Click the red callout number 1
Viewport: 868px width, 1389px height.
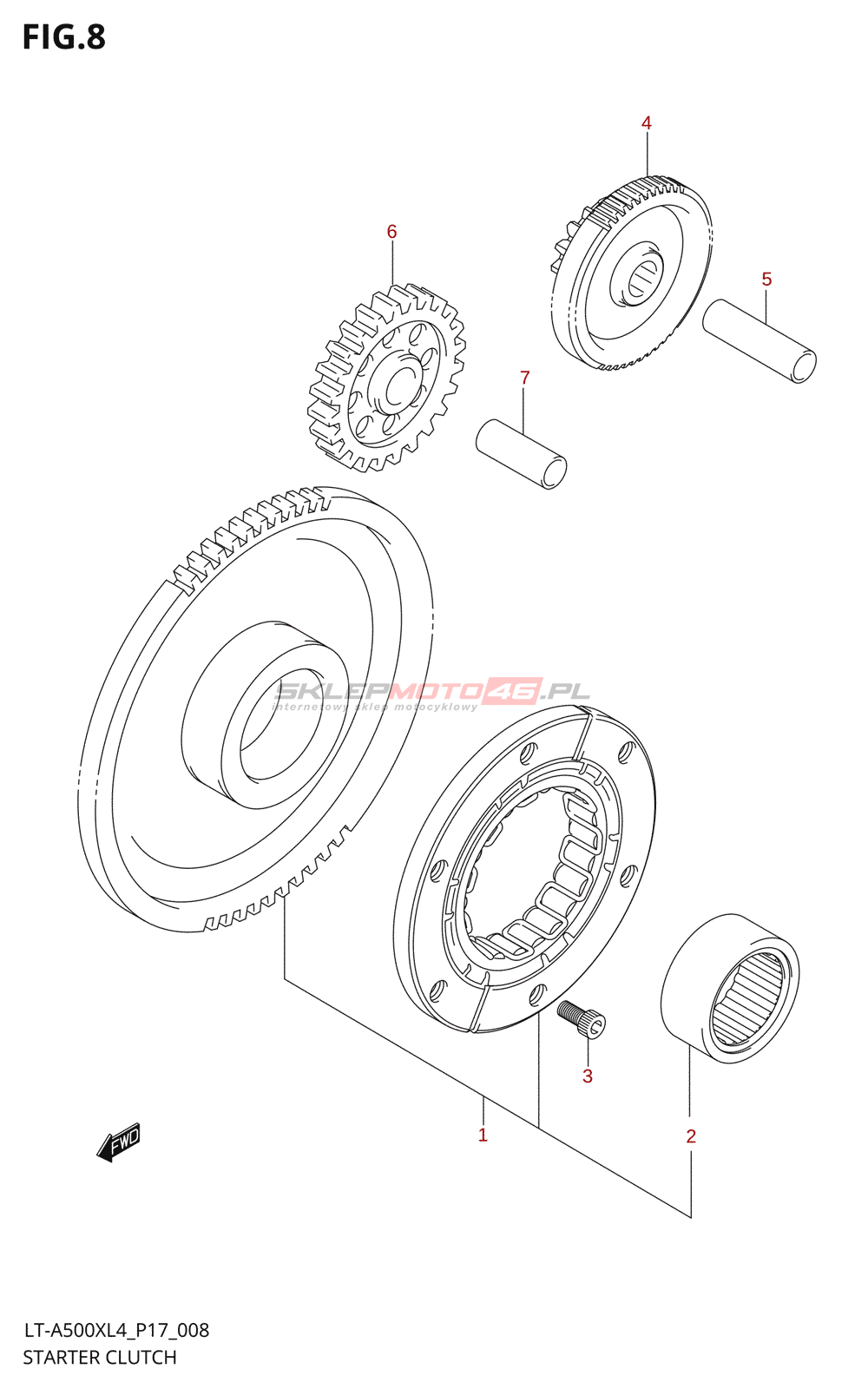point(483,1135)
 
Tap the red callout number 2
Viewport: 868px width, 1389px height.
point(691,1136)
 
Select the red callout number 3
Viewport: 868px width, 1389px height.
point(588,1076)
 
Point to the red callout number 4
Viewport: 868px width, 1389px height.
point(647,123)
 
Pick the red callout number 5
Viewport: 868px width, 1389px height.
point(766,279)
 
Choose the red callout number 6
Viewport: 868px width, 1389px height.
point(391,232)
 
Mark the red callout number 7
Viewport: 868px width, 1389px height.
point(524,378)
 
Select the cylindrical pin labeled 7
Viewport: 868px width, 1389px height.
point(521,453)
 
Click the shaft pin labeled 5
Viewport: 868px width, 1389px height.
point(759,339)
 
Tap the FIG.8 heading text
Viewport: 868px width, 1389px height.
point(64,37)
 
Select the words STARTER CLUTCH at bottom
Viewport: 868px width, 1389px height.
point(100,1357)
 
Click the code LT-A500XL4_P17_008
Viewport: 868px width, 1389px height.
point(115,1330)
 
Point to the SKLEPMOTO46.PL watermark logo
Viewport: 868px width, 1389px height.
point(432,693)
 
